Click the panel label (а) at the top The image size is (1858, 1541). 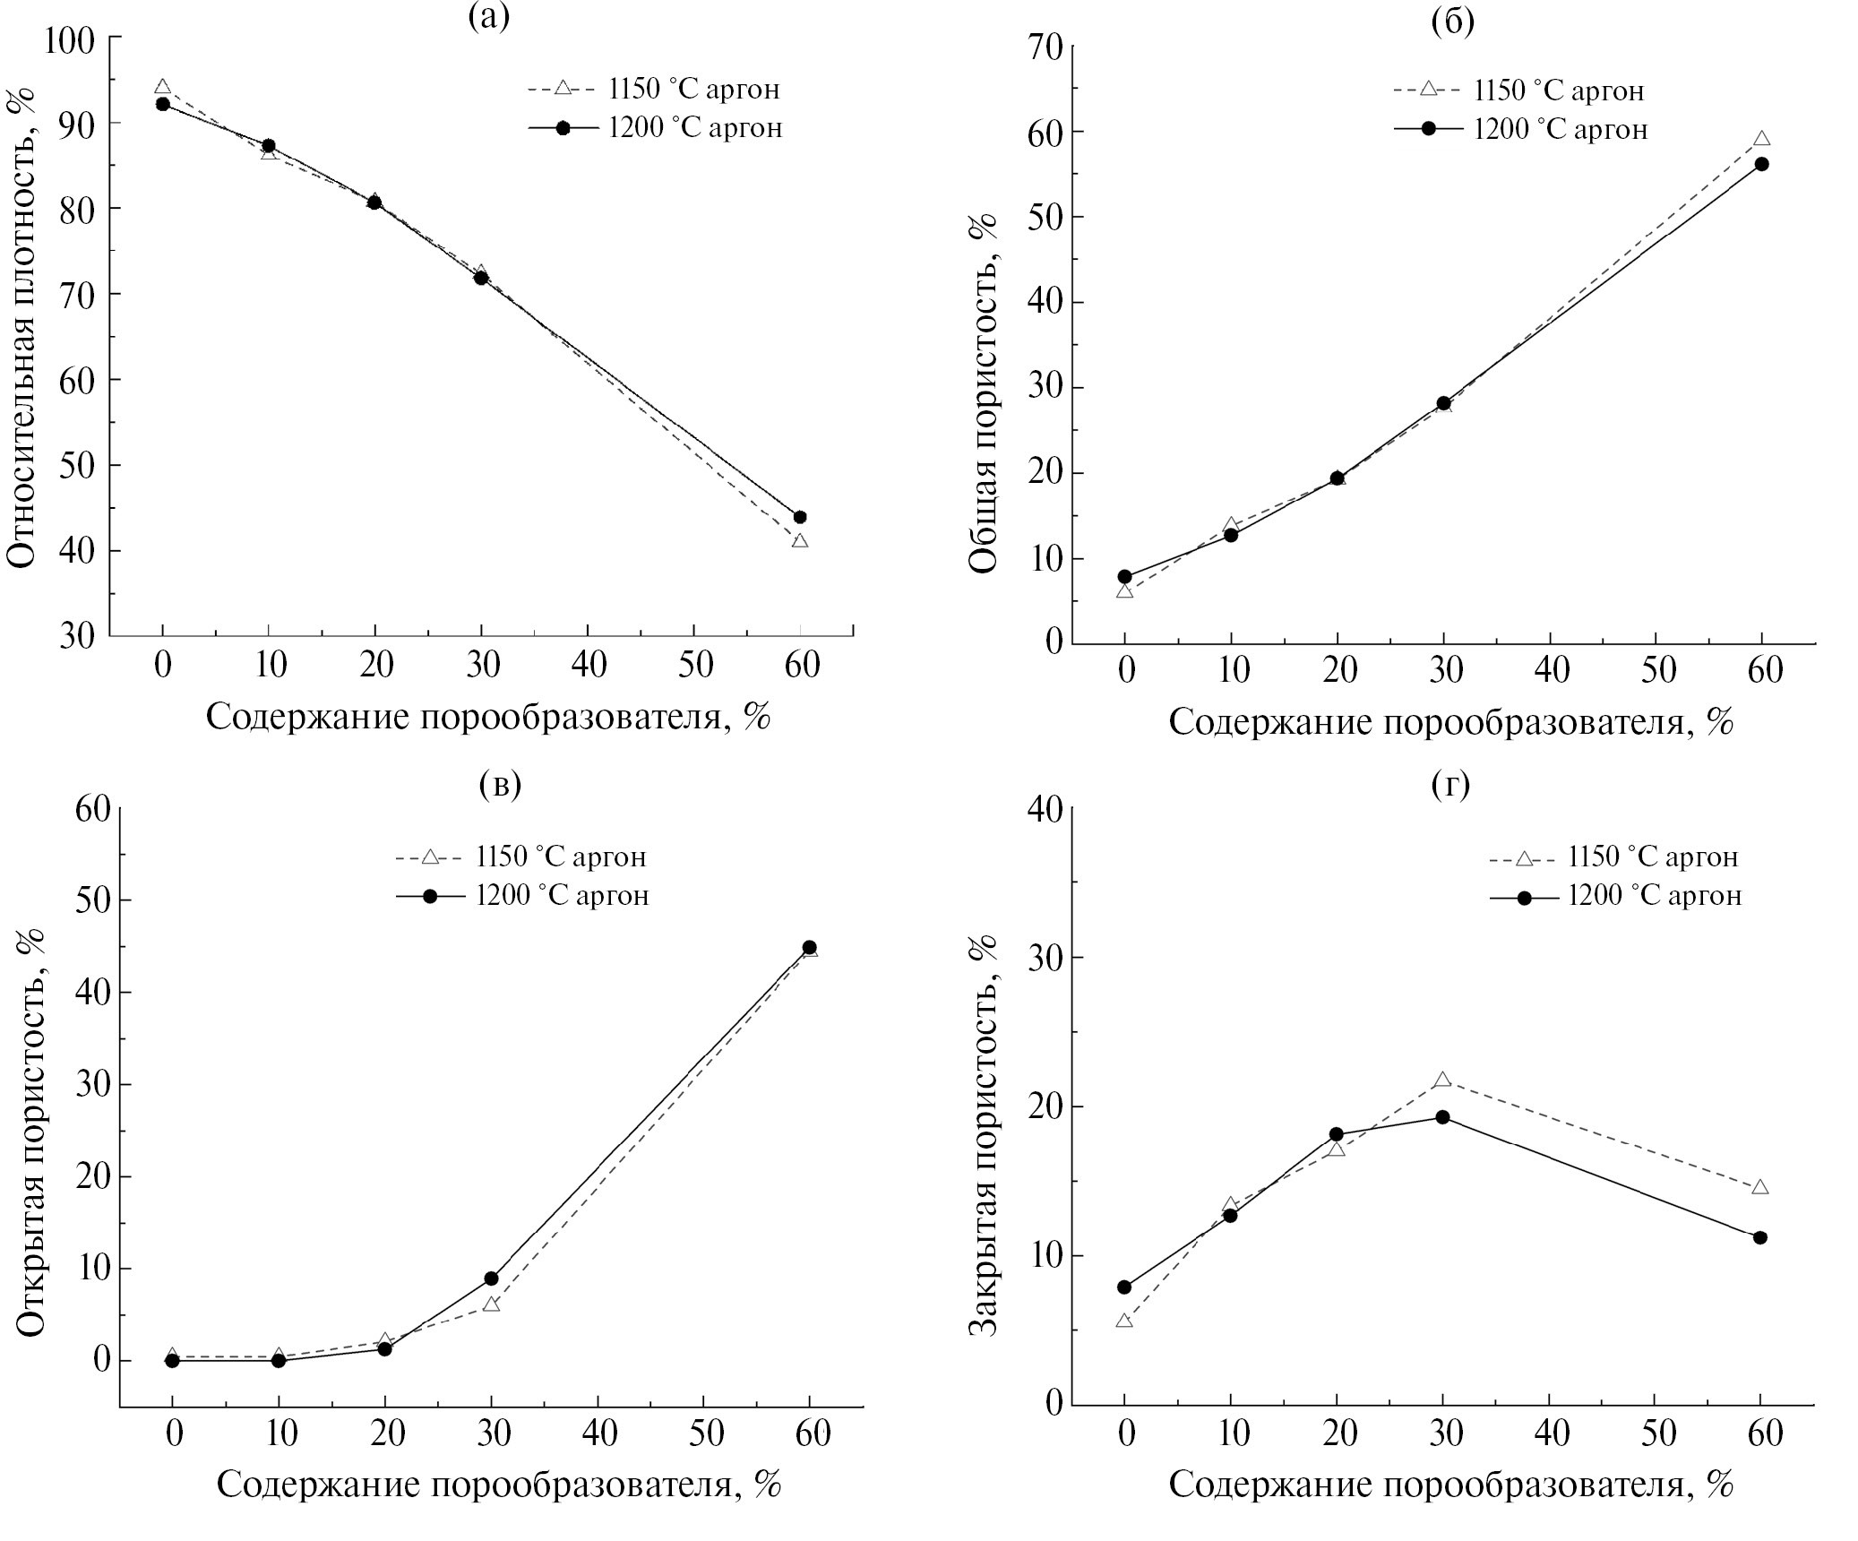pos(489,17)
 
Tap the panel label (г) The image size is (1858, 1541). pos(1450,784)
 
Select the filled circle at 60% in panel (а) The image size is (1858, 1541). pos(800,517)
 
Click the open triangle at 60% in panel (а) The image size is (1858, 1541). pos(800,541)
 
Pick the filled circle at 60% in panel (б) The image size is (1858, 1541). pos(1761,164)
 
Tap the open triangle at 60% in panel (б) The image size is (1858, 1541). pos(1761,140)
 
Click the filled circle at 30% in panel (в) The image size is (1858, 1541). pos(491,1278)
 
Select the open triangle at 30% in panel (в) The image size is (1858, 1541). pos(491,1304)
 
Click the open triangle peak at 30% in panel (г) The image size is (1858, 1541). pos(1442,1080)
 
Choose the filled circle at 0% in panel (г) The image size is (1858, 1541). pos(1124,1287)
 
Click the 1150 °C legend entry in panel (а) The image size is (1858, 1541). pos(654,89)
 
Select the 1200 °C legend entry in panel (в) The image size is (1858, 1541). pos(522,896)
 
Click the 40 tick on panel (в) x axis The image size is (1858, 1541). pos(599,1433)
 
